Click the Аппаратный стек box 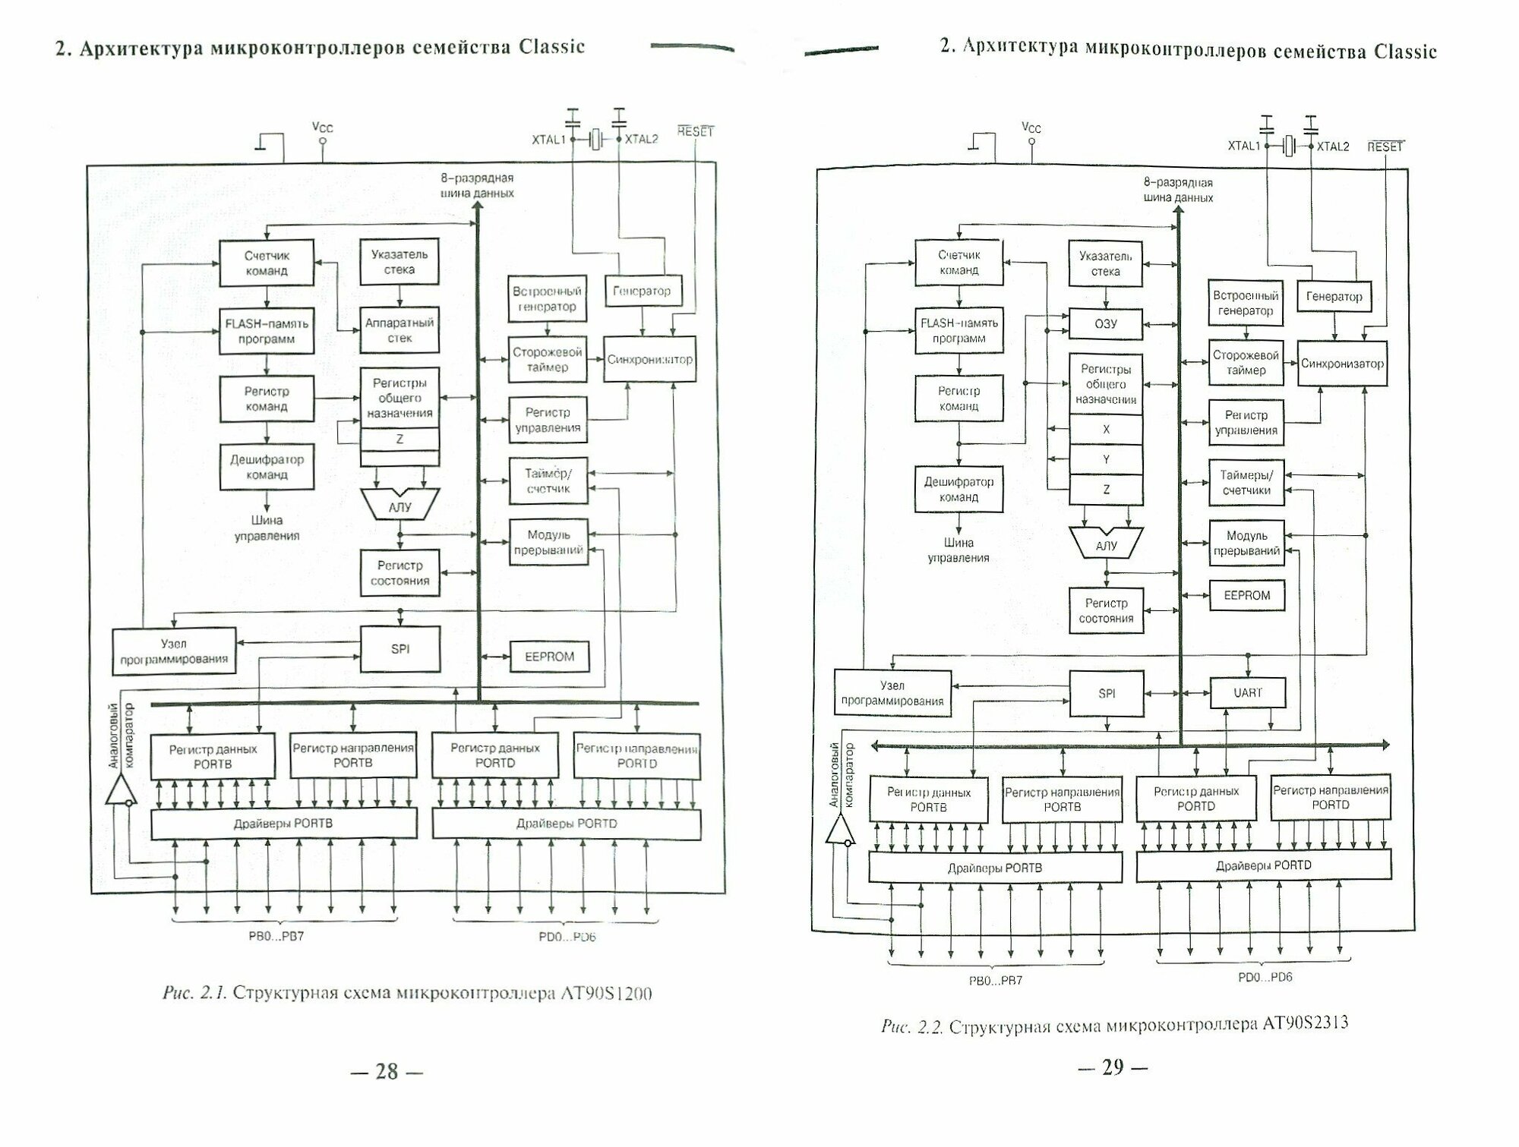pyautogui.click(x=399, y=330)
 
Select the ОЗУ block pyautogui.click(x=1105, y=324)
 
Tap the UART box pyautogui.click(x=1246, y=693)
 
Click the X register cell pyautogui.click(x=1105, y=430)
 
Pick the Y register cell pyautogui.click(x=1105, y=460)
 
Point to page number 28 pyautogui.click(x=387, y=1071)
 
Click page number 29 pyautogui.click(x=1112, y=1067)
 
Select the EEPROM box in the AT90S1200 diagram pyautogui.click(x=549, y=657)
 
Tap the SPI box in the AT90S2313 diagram pyautogui.click(x=1106, y=694)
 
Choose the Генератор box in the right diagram pyautogui.click(x=1334, y=297)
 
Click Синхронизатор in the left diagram pyautogui.click(x=649, y=360)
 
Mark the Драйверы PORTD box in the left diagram pyautogui.click(x=566, y=824)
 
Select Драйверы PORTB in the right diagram pyautogui.click(x=994, y=868)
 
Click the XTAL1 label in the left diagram pyautogui.click(x=548, y=140)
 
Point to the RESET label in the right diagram pyautogui.click(x=1385, y=147)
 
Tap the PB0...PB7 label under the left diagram pyautogui.click(x=276, y=936)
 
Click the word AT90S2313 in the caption pyautogui.click(x=1305, y=1023)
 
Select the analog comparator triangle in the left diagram pyautogui.click(x=119, y=793)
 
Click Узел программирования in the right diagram pyautogui.click(x=892, y=693)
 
